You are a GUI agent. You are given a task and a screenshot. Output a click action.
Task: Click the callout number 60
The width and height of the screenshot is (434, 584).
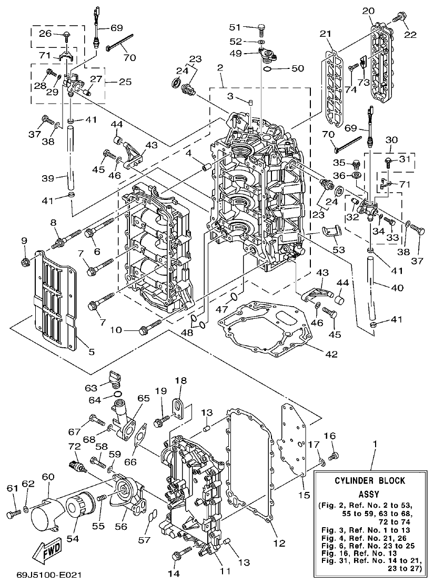tap(48, 476)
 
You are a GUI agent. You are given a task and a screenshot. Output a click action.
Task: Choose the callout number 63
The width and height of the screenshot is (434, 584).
tap(92, 388)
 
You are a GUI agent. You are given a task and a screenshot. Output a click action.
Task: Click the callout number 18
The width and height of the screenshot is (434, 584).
tap(180, 380)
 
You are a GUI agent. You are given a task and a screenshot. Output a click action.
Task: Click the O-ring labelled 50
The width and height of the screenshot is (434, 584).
tap(268, 68)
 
